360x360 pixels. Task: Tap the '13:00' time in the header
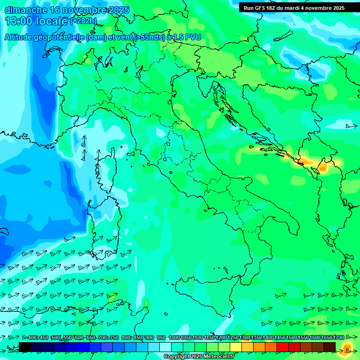tap(18, 21)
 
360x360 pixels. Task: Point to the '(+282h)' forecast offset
tap(84, 21)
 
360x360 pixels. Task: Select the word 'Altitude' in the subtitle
tap(21, 37)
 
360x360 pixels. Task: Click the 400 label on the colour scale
tap(32, 337)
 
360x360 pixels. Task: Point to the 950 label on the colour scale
tap(161, 337)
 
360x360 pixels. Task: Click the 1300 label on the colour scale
tap(245, 337)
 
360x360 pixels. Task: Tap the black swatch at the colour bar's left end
tap(25, 347)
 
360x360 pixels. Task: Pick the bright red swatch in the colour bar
tap(283, 347)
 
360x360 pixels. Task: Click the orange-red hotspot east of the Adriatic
tap(307, 162)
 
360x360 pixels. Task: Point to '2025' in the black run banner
tap(336, 8)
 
